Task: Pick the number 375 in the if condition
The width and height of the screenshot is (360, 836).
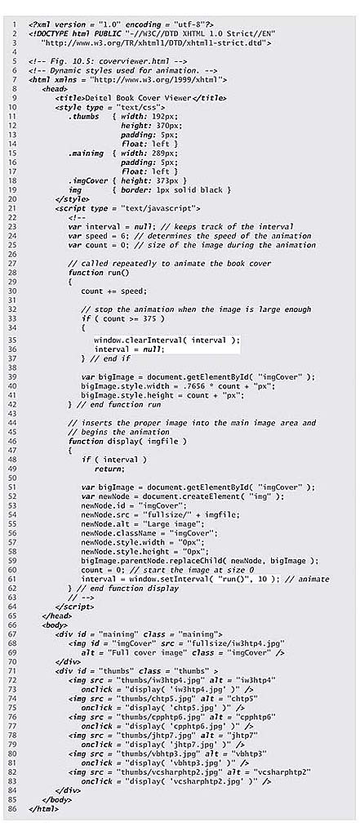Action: [152, 318]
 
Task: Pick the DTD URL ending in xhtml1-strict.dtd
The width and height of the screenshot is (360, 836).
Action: [158, 42]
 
